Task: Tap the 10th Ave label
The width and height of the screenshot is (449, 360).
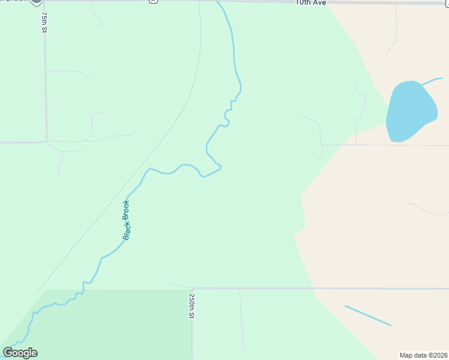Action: tap(310, 3)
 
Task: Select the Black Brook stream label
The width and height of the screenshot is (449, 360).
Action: tap(126, 220)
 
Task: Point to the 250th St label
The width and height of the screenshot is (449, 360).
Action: tap(191, 306)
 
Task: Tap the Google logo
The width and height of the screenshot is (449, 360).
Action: tap(20, 353)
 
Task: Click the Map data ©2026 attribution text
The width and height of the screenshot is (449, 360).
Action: tap(424, 355)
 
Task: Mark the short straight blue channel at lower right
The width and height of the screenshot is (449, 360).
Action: tap(367, 316)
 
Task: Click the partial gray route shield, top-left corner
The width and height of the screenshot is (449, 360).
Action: tap(37, 3)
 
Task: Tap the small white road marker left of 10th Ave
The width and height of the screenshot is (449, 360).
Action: tap(154, 2)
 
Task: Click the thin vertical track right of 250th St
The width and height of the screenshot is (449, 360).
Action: tap(241, 318)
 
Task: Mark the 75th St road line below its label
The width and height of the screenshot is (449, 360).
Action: tap(46, 90)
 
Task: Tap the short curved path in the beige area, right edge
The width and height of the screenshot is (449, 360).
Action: tap(427, 209)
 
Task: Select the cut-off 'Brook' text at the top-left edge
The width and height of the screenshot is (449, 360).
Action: tap(12, 2)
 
